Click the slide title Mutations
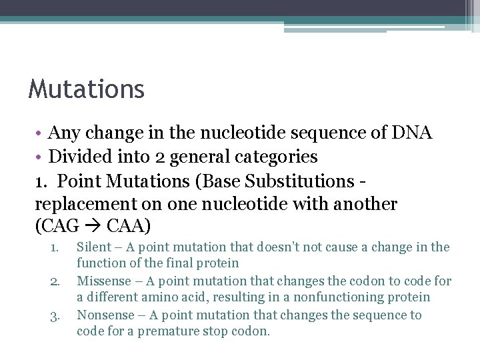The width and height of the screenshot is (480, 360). coord(86,89)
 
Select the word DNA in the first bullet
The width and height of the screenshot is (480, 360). coord(412,133)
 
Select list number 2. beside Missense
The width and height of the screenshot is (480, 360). coord(55,281)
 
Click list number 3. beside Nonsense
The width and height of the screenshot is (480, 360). coord(55,315)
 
